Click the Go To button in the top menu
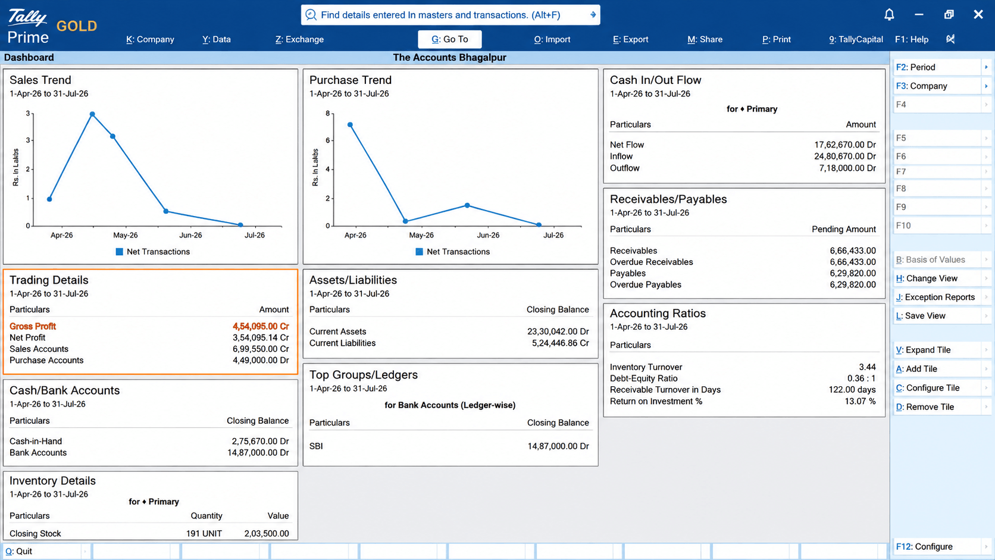[x=449, y=39]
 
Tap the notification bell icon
[x=889, y=15]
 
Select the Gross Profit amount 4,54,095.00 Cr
[x=261, y=326]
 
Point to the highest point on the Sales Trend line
[x=92, y=114]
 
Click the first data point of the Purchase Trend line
[x=350, y=125]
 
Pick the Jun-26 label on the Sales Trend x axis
[x=190, y=235]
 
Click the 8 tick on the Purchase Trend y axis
[x=328, y=113]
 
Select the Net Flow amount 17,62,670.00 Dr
[x=845, y=145]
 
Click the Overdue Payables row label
[x=646, y=284]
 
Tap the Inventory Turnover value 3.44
[x=867, y=367]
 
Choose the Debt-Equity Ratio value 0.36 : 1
[x=861, y=378]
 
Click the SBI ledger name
[x=316, y=446]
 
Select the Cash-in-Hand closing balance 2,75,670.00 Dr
[x=260, y=442]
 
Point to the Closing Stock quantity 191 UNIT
[x=204, y=534]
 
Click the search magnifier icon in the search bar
[x=311, y=15]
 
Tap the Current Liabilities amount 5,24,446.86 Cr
[x=560, y=343]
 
